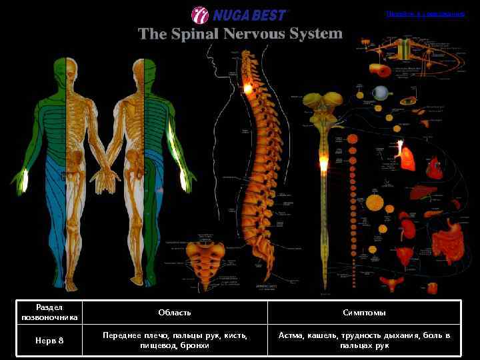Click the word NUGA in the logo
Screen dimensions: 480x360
click(x=231, y=15)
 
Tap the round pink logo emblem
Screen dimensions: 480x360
click(x=200, y=15)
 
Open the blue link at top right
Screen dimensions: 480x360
click(x=425, y=13)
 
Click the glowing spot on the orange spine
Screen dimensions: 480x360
click(x=249, y=87)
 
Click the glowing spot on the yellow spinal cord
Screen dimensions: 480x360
click(x=324, y=163)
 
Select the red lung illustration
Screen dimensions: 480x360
click(x=407, y=157)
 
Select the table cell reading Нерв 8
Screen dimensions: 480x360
click(x=50, y=341)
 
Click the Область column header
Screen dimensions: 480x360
click(x=175, y=312)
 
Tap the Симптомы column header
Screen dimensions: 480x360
click(x=364, y=312)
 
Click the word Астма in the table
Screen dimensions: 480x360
click(x=291, y=335)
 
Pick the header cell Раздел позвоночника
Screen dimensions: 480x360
click(x=50, y=312)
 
